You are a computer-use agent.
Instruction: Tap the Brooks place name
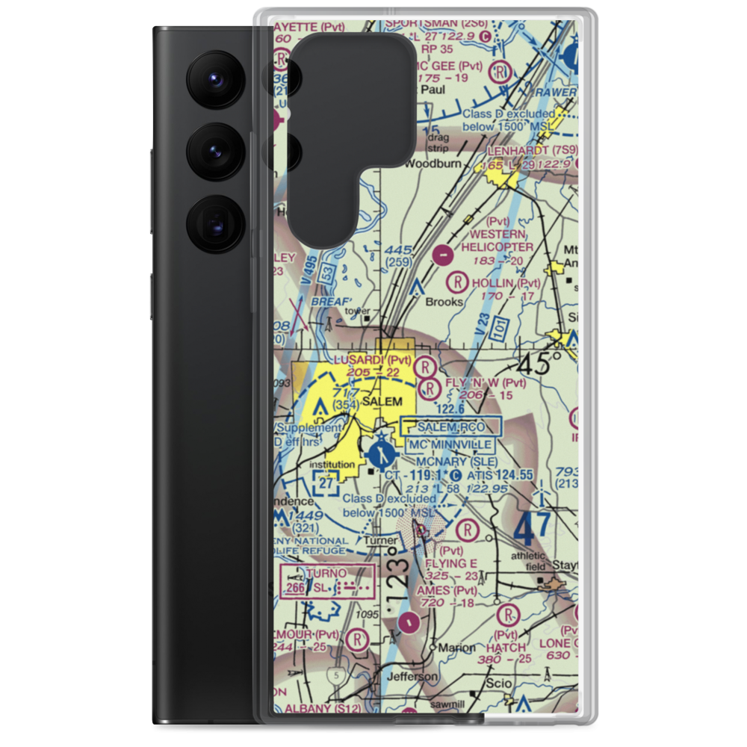(x=444, y=302)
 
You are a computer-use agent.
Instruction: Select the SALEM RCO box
(x=452, y=426)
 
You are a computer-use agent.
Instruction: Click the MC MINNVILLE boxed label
(x=450, y=444)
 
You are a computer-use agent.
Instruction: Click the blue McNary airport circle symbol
(x=381, y=453)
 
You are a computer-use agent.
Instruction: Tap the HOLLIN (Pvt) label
(x=505, y=283)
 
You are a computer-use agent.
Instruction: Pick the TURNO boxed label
(x=326, y=573)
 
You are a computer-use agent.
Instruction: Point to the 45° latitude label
(x=539, y=365)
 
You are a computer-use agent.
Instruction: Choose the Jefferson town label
(x=412, y=677)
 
